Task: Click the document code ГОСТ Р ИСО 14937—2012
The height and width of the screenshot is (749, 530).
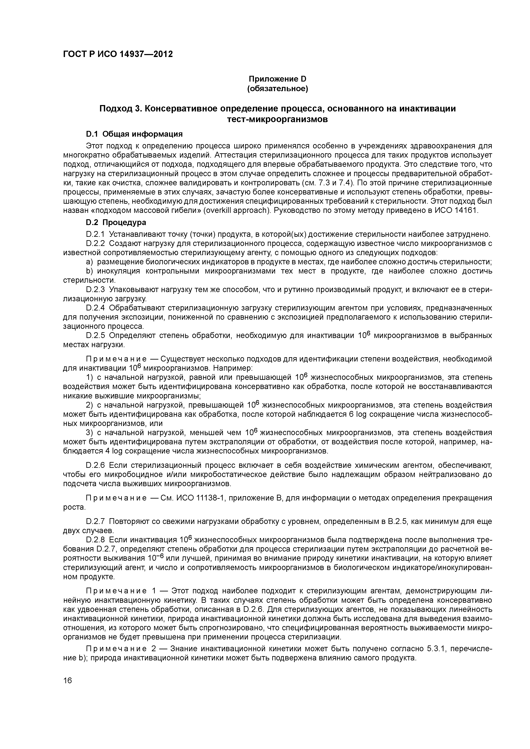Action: (118, 54)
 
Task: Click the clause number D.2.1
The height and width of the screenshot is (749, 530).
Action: (95, 234)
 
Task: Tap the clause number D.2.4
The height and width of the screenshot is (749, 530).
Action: (95, 308)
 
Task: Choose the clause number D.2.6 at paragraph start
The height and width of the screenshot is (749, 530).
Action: (95, 465)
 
